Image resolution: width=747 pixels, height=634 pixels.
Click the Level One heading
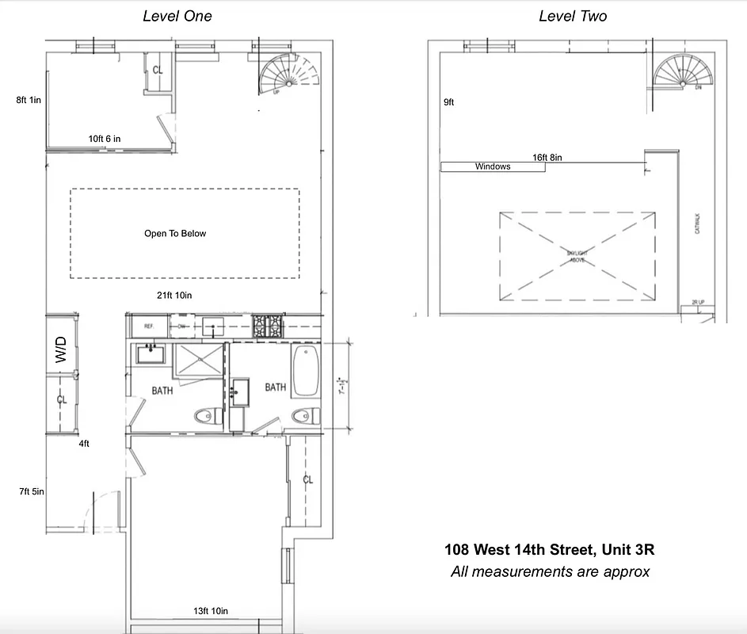click(177, 16)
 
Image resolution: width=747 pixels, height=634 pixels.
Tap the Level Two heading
click(573, 16)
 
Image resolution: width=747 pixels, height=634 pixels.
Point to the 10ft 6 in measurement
click(105, 139)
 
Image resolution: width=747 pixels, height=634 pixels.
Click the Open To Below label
click(175, 234)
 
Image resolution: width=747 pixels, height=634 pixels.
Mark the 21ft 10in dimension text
click(175, 296)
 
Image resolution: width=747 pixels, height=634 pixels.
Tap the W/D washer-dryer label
click(61, 349)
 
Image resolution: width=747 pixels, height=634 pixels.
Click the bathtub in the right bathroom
click(305, 371)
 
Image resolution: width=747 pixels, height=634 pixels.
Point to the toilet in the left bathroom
click(204, 413)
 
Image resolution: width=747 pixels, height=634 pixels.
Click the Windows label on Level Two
click(492, 167)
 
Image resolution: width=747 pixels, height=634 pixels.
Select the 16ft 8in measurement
click(547, 158)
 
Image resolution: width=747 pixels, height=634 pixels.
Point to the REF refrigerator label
click(148, 326)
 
